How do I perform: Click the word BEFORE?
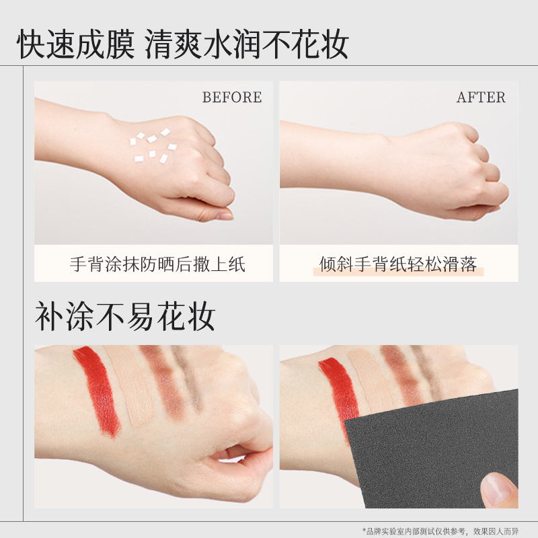[x=232, y=97]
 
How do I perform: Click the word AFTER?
[x=481, y=97]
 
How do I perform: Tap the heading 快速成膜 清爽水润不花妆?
[x=183, y=44]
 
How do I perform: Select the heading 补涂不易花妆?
[x=125, y=316]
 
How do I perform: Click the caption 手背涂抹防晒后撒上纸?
[x=157, y=264]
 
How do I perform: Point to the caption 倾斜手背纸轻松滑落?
[x=398, y=264]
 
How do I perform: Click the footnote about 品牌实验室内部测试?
[x=440, y=531]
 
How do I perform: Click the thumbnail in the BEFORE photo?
[x=225, y=216]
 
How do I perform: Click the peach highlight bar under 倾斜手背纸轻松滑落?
[x=398, y=272]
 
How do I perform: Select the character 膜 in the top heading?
[x=120, y=44]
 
